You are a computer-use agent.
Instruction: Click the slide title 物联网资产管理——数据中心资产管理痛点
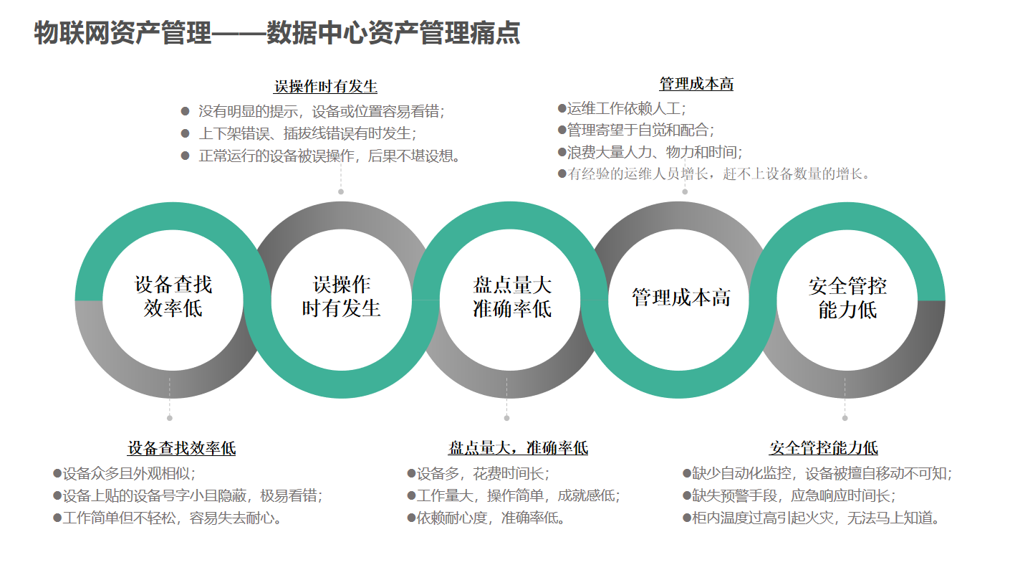coord(276,33)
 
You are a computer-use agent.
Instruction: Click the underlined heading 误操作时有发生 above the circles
coord(326,87)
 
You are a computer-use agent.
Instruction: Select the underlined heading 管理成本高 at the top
coord(696,84)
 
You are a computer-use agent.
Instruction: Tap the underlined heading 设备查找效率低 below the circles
coord(182,449)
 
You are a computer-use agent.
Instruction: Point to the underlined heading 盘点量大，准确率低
coord(518,449)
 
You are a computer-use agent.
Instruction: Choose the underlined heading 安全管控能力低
coord(824,449)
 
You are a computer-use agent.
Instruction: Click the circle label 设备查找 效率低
coord(173,296)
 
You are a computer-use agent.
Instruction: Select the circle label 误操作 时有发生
coord(342,296)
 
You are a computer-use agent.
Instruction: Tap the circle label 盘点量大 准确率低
coord(512,297)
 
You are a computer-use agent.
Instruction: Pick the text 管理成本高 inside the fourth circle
coord(681,298)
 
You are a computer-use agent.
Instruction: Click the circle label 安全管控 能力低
coord(848,298)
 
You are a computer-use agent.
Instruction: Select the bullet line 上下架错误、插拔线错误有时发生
coord(307,133)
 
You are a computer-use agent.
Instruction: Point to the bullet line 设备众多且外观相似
coord(128,474)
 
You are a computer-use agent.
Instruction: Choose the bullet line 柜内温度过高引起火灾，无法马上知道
coord(814,518)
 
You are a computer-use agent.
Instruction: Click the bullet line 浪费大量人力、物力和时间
coord(654,152)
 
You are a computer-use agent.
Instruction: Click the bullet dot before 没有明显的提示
coord(185,112)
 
